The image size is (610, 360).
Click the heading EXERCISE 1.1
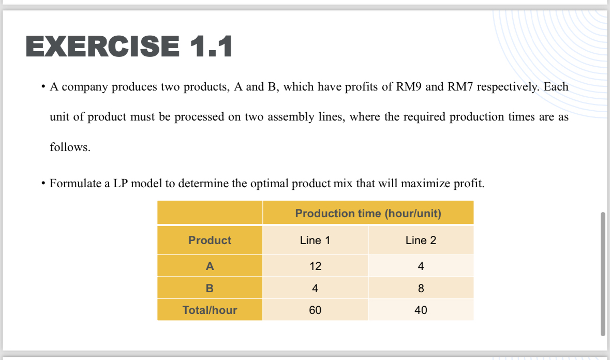tap(129, 46)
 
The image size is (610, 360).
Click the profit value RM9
tap(409, 86)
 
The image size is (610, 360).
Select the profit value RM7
tap(460, 86)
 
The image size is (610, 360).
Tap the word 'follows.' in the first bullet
tap(70, 147)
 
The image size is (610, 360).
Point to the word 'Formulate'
tap(76, 183)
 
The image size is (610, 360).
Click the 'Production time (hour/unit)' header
tap(368, 213)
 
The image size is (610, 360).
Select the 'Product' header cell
tap(210, 241)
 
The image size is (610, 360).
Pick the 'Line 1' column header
tap(315, 241)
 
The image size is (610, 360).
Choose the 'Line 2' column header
tap(421, 241)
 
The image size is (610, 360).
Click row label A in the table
tap(210, 266)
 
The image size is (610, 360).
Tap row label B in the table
tap(210, 288)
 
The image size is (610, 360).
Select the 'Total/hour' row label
tap(210, 310)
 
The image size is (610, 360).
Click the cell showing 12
tap(315, 266)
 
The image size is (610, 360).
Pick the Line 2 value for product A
tap(421, 266)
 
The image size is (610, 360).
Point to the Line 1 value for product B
tap(315, 288)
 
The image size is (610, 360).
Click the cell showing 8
tap(421, 288)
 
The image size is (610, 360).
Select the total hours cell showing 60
tap(315, 310)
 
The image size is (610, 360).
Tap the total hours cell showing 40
tap(421, 310)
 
